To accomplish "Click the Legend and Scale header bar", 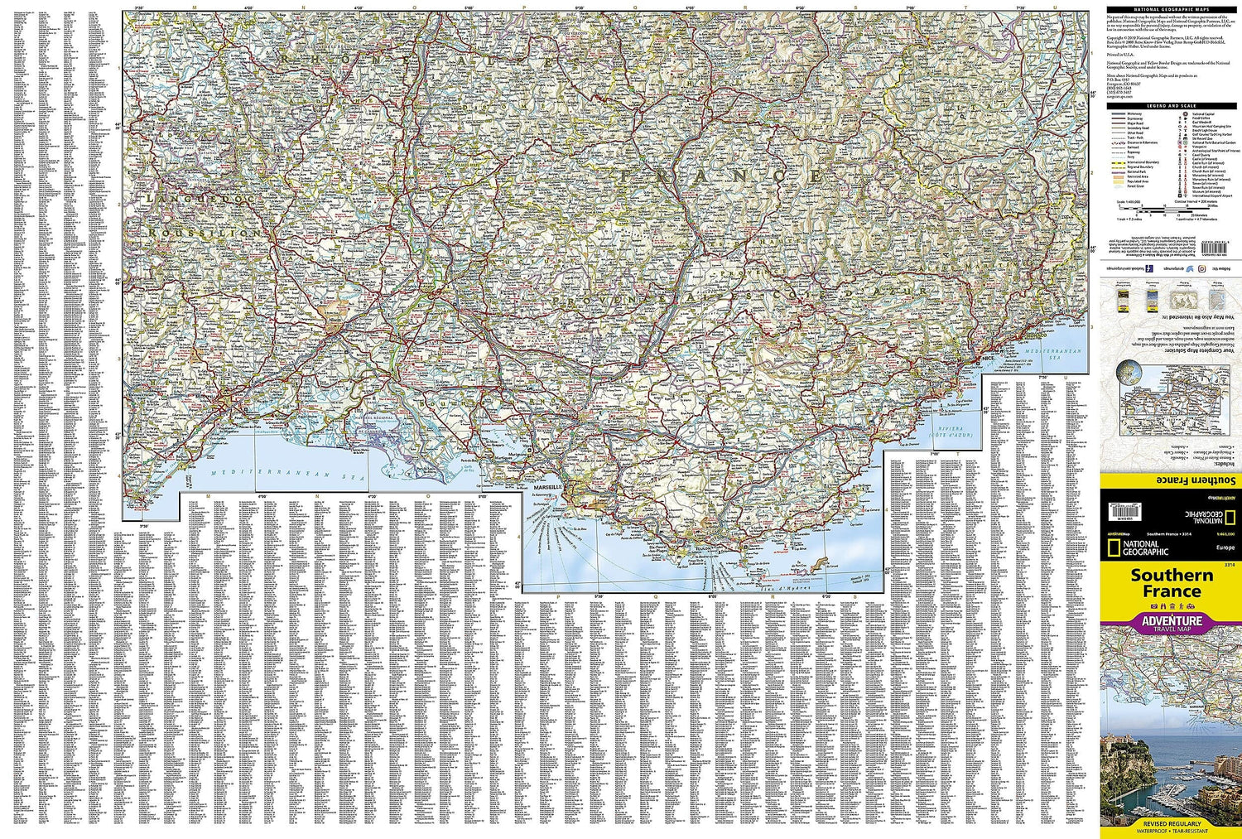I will (1167, 106).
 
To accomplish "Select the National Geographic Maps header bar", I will (1167, 8).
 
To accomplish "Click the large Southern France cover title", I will (1171, 583).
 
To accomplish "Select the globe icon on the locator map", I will (1129, 374).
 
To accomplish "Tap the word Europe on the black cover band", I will (1225, 548).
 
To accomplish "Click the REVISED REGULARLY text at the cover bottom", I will (1171, 824).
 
